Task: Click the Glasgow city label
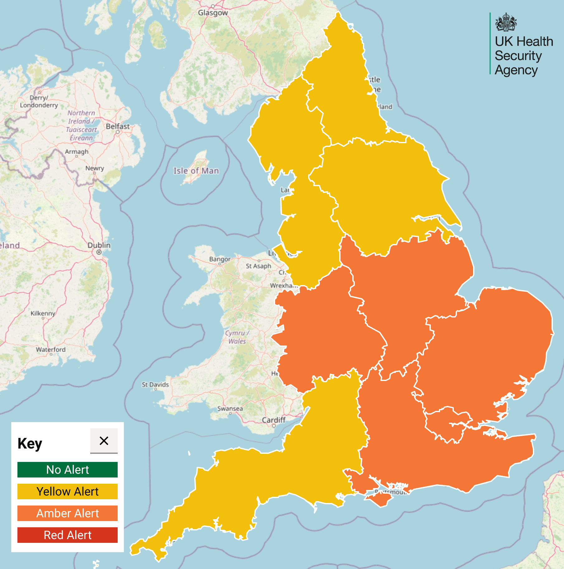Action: (213, 13)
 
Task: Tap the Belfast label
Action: (117, 126)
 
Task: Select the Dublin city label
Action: (99, 245)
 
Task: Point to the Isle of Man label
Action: (196, 171)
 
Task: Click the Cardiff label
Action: (273, 420)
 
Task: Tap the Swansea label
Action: (230, 408)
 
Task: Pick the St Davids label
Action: (155, 385)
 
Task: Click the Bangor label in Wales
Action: (220, 259)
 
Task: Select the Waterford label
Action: (51, 350)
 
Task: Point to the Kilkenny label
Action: (43, 313)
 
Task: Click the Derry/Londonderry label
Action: (39, 101)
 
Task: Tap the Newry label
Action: (95, 168)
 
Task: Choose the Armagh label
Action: (77, 152)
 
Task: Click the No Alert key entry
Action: (68, 470)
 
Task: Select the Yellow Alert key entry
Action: (68, 491)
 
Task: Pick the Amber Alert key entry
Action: (68, 513)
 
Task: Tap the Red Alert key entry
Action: (68, 535)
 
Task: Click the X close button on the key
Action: (104, 441)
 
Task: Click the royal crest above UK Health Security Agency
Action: (506, 22)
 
